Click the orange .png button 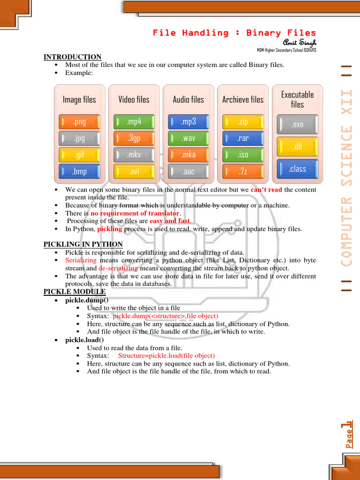79,122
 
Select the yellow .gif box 79,155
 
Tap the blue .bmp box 79,172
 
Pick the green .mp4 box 134,122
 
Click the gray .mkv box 134,155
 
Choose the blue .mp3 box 188,122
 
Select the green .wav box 188,138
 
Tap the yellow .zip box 243,122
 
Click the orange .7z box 243,172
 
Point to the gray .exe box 297,124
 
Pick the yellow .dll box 297,147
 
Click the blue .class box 297,169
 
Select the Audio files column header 188,99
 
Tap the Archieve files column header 243,99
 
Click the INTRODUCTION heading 72,57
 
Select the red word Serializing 81,260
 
